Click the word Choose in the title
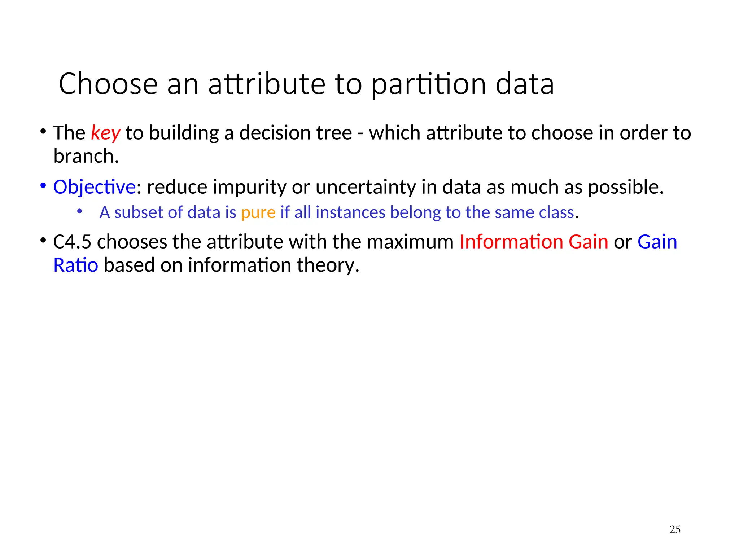click(108, 84)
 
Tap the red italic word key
click(105, 133)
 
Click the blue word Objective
click(95, 187)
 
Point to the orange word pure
click(258, 212)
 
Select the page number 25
click(674, 529)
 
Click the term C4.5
click(72, 242)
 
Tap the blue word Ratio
click(76, 265)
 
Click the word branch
click(86, 156)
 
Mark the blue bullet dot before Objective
click(43, 186)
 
